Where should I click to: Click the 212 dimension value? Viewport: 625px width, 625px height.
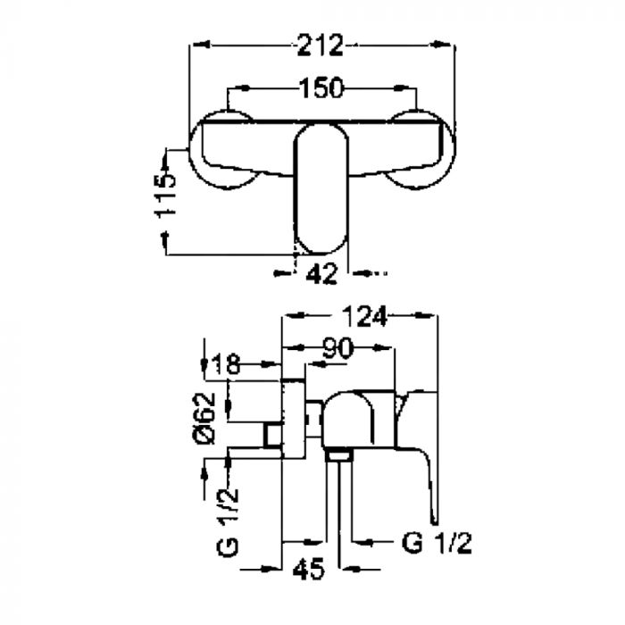click(320, 45)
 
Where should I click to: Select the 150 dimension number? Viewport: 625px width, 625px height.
click(321, 87)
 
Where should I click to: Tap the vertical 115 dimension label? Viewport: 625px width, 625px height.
click(165, 196)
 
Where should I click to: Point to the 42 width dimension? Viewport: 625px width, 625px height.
click(321, 274)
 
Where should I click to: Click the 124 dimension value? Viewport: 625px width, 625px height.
click(364, 316)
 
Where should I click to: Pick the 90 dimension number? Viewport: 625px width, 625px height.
click(337, 347)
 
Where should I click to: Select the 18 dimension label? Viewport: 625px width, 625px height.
click(226, 363)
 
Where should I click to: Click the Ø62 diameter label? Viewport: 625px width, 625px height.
click(204, 418)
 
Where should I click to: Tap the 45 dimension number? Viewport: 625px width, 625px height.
click(309, 570)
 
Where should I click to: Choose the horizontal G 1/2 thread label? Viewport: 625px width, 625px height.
click(437, 543)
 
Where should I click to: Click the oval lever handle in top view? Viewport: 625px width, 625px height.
click(321, 188)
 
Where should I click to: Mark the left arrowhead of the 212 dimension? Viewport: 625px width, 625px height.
click(201, 45)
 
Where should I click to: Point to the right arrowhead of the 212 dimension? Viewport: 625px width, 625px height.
click(443, 45)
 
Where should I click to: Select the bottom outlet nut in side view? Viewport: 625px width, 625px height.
click(339, 454)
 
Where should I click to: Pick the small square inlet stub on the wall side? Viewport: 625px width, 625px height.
click(273, 435)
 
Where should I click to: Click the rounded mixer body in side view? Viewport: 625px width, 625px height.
click(348, 419)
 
